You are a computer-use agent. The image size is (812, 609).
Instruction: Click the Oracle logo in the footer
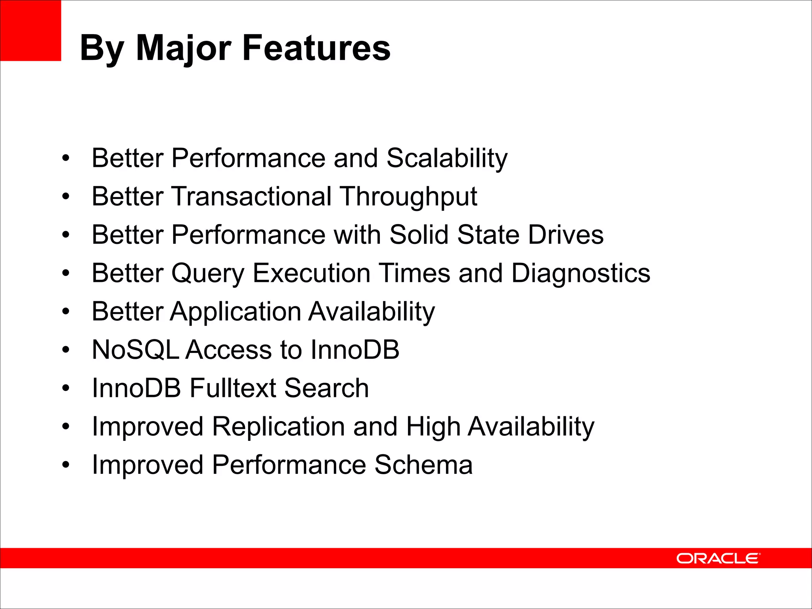(x=718, y=558)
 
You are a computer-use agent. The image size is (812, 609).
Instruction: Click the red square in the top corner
(x=31, y=31)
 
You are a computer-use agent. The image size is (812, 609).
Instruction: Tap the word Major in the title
(x=183, y=48)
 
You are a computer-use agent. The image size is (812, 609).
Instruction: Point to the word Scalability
(x=447, y=159)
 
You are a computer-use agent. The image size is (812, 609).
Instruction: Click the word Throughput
(x=409, y=197)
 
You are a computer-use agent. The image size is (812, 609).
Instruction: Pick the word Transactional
(x=252, y=196)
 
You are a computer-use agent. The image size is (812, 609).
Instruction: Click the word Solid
(x=419, y=234)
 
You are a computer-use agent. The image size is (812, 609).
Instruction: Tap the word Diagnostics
(x=581, y=273)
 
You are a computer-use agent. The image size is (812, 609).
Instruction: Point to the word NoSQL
(x=136, y=350)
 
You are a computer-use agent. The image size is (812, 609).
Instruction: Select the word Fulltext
(x=233, y=388)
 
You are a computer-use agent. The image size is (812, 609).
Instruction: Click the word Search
(x=326, y=388)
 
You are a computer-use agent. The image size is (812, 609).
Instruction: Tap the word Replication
(x=278, y=427)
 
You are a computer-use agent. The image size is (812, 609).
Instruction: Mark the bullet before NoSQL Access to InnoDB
(x=66, y=350)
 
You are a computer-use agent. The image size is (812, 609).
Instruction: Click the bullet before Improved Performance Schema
(x=66, y=465)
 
